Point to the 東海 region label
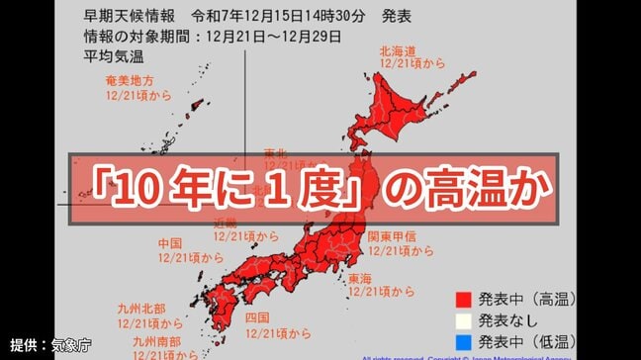coord(359,278)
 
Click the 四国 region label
coord(258,317)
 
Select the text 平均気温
coord(106,56)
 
